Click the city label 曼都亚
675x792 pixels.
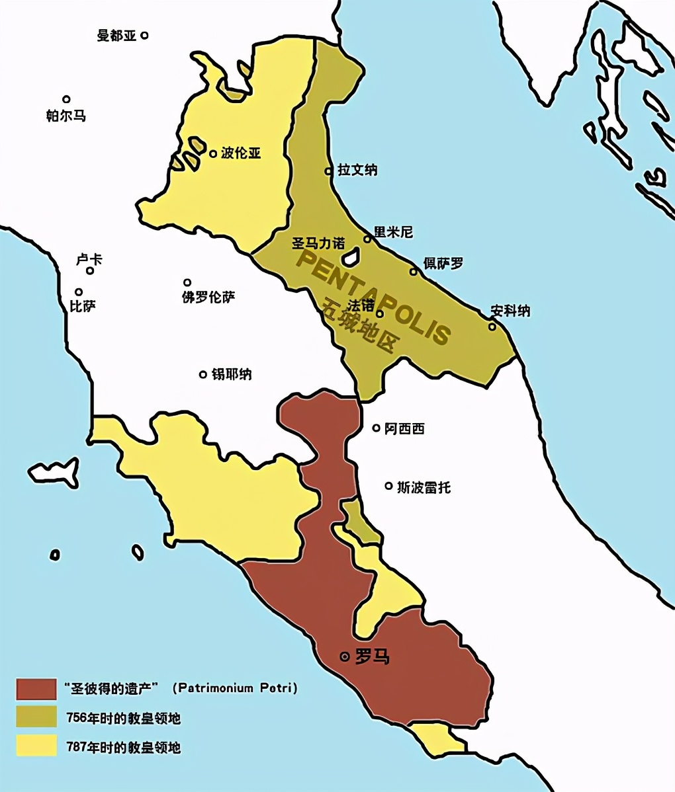(x=116, y=36)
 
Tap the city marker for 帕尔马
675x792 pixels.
(x=66, y=99)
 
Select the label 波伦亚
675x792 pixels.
(x=240, y=153)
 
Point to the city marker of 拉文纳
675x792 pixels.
(x=328, y=171)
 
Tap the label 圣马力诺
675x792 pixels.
(x=319, y=243)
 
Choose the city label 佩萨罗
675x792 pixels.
(x=443, y=263)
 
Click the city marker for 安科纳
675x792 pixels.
(x=492, y=326)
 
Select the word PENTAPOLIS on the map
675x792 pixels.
(x=374, y=296)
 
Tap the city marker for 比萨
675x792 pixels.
(x=79, y=292)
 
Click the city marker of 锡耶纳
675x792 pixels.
(x=203, y=374)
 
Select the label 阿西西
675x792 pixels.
(x=404, y=428)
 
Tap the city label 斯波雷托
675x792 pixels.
(x=424, y=487)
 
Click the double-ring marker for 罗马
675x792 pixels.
(x=344, y=656)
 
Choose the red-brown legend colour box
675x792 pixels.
(x=37, y=688)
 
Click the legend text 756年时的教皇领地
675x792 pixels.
(x=124, y=718)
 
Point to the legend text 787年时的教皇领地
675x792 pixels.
(x=124, y=748)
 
